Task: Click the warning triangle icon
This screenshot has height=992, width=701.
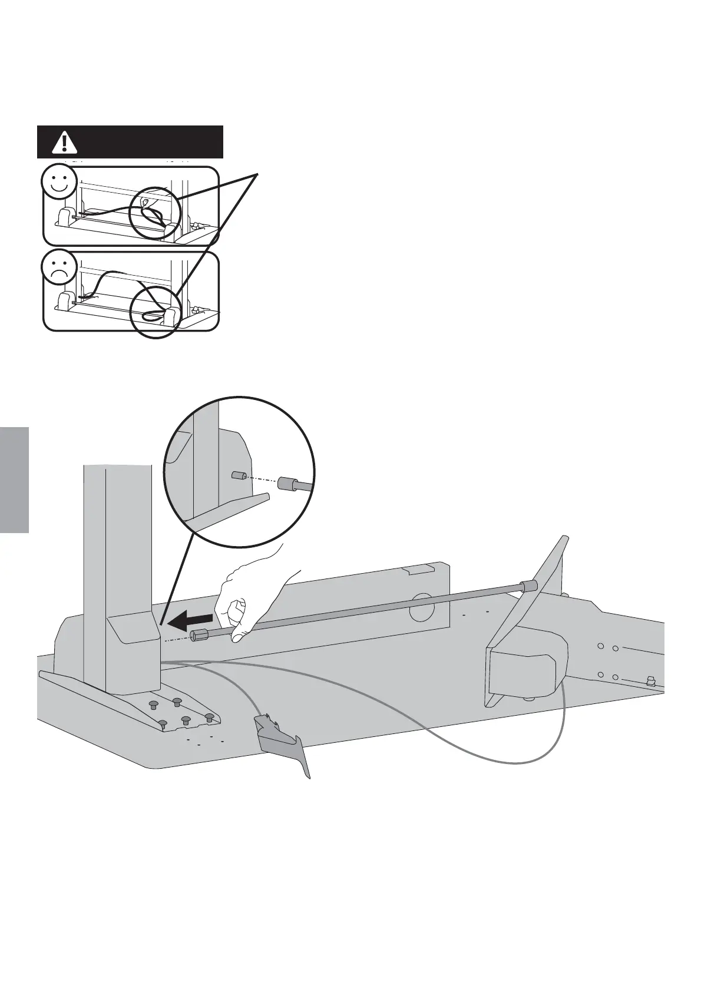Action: pyautogui.click(x=64, y=141)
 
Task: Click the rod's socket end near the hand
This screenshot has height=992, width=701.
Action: pyautogui.click(x=200, y=636)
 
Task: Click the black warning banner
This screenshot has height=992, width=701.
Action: pyautogui.click(x=130, y=141)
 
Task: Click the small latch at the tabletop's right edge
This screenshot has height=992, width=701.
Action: pyautogui.click(x=652, y=682)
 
